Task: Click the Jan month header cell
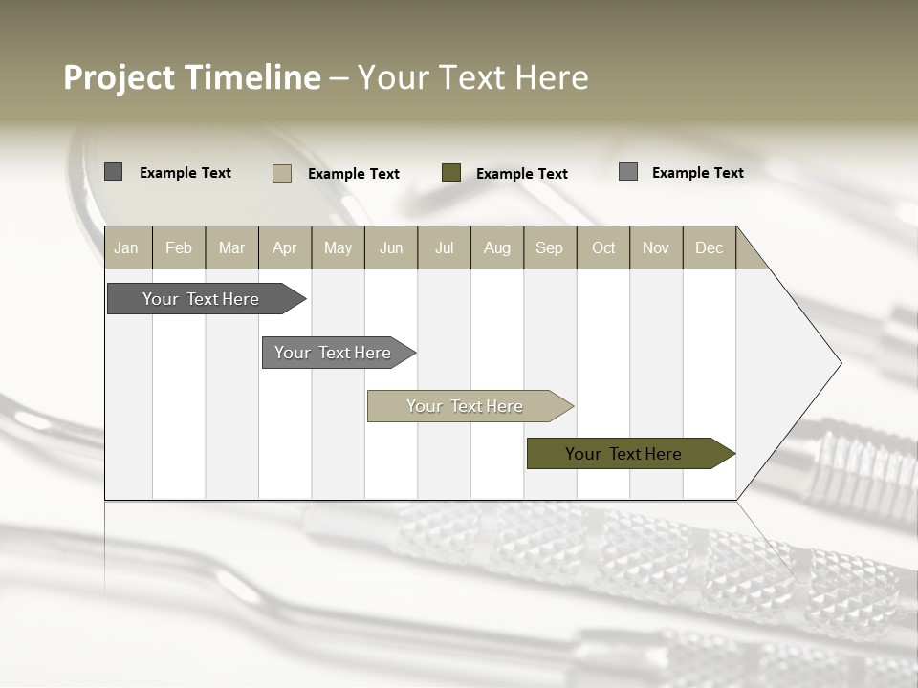127,247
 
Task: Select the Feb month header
179,247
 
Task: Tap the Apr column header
285,247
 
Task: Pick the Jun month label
391,247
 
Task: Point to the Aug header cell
497,247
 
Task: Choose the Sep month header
550,247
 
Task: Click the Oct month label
603,247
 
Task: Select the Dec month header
710,247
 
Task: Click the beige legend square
282,173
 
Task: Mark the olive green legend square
451,172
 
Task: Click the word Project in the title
120,77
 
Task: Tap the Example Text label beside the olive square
522,174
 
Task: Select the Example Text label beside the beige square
354,174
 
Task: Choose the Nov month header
656,247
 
